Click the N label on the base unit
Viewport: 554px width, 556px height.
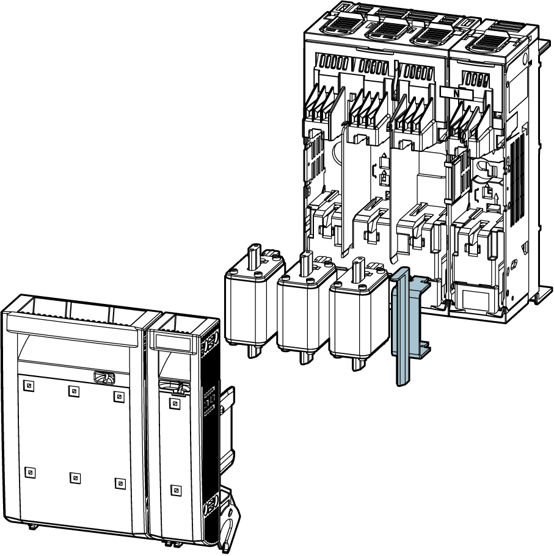pyautogui.click(x=456, y=93)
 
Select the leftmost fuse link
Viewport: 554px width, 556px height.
pyautogui.click(x=255, y=301)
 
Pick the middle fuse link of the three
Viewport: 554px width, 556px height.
pyautogui.click(x=306, y=308)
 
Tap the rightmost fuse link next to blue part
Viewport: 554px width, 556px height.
pyautogui.click(x=358, y=315)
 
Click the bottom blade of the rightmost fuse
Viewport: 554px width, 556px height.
pyautogui.click(x=358, y=364)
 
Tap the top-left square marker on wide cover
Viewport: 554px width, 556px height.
pyautogui.click(x=29, y=386)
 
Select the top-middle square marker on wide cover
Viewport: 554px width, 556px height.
pyautogui.click(x=73, y=391)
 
